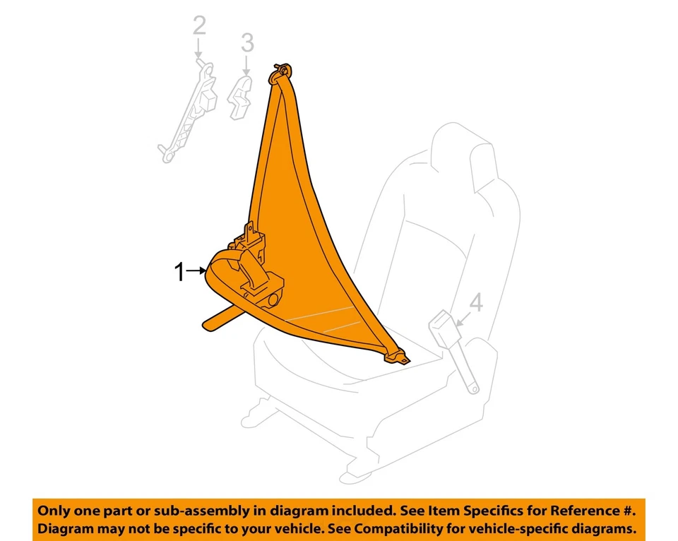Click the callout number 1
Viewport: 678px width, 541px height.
tap(179, 271)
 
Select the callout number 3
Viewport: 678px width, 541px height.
tap(246, 43)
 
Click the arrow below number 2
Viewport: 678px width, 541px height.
tap(199, 51)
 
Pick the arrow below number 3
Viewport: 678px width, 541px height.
tap(246, 67)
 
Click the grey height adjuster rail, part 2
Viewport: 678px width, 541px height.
tap(187, 113)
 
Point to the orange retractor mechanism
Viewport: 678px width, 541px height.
tap(258, 272)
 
